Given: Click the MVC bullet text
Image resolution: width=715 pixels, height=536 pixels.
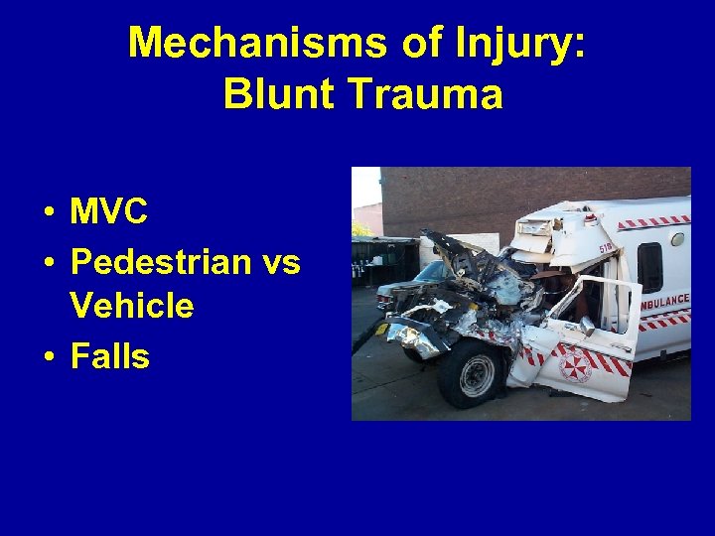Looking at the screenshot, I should [x=109, y=211].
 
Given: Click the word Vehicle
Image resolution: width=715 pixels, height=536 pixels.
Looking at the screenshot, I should [x=132, y=306].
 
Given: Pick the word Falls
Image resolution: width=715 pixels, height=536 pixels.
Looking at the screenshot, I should [x=110, y=355].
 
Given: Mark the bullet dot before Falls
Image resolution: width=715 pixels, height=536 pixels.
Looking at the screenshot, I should [x=48, y=357].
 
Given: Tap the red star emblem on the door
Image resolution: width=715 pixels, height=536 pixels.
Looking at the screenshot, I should [x=575, y=364].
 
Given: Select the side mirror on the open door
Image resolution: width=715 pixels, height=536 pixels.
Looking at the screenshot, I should [x=587, y=326].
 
